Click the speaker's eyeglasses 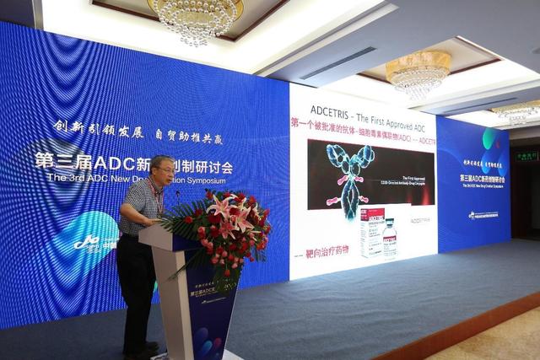pyautogui.click(x=166, y=170)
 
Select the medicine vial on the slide pyautogui.click(x=390, y=239)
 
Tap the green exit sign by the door pyautogui.click(x=526, y=156)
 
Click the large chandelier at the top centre pyautogui.click(x=195, y=19)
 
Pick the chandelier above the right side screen pyautogui.click(x=418, y=74)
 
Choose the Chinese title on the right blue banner pyautogui.click(x=483, y=179)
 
